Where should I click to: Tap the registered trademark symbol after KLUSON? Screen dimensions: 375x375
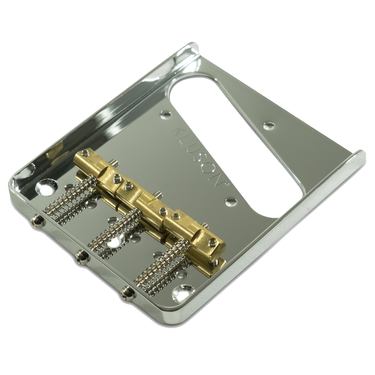click(x=226, y=184)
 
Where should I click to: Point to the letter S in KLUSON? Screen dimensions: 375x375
click(x=200, y=159)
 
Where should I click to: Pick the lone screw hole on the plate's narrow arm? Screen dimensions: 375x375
click(x=269, y=125)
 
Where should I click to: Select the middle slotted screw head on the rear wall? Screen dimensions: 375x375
click(x=82, y=256)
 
